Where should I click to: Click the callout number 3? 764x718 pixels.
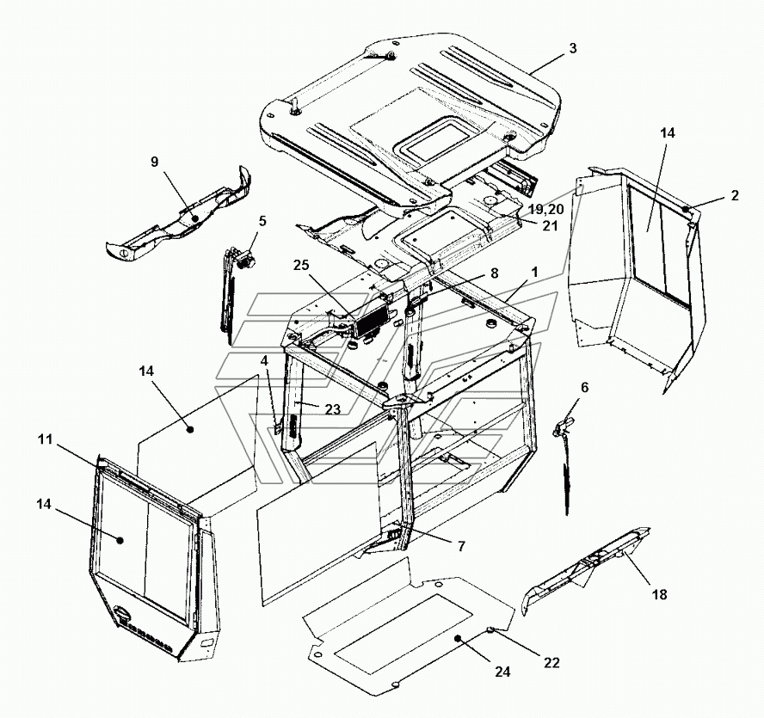pyautogui.click(x=572, y=48)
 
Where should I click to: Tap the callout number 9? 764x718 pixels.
pyautogui.click(x=155, y=162)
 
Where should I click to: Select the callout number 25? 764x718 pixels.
pyautogui.click(x=301, y=266)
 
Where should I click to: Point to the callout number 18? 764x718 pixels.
pyautogui.click(x=659, y=594)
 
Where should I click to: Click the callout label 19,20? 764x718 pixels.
pyautogui.click(x=546, y=210)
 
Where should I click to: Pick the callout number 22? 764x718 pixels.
pyautogui.click(x=551, y=662)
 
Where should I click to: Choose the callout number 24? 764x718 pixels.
pyautogui.click(x=502, y=672)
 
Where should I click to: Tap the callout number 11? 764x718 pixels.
pyautogui.click(x=45, y=439)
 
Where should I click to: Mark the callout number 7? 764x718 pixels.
pyautogui.click(x=461, y=546)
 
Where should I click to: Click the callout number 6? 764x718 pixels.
pyautogui.click(x=585, y=387)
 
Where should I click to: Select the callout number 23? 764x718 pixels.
pyautogui.click(x=332, y=409)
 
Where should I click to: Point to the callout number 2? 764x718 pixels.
pyautogui.click(x=735, y=195)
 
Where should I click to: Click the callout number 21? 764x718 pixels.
pyautogui.click(x=550, y=225)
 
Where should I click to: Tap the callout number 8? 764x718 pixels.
pyautogui.click(x=495, y=273)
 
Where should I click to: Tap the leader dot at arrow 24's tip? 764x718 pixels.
pyautogui.click(x=458, y=638)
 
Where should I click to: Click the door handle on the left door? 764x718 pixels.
pyautogui.click(x=122, y=611)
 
